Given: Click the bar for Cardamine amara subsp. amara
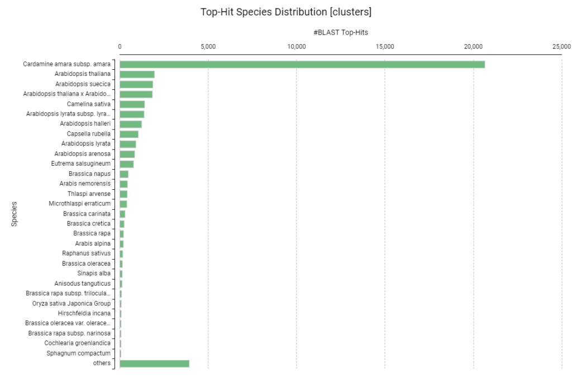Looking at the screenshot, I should [x=302, y=64].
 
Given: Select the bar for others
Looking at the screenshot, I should [x=154, y=363].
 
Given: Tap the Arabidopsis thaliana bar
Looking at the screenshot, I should [x=137, y=74].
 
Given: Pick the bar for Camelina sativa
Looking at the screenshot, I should [x=132, y=104].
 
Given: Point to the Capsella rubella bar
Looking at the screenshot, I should [x=129, y=134].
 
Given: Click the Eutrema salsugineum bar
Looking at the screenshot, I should [x=127, y=164].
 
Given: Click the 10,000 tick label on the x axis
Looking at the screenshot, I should [x=296, y=46].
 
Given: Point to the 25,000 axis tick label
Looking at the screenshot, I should [x=561, y=46].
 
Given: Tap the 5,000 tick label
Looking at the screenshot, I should [x=208, y=46].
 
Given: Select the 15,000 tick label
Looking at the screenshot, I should [x=385, y=46].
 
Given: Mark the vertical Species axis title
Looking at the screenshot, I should [x=15, y=214].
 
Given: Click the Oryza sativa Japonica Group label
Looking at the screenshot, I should [x=71, y=303].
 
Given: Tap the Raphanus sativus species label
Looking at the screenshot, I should [x=86, y=253].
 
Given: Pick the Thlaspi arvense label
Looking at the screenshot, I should [x=89, y=194].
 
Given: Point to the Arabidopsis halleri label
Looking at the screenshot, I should [x=85, y=124].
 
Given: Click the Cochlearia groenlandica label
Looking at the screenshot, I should [x=77, y=343].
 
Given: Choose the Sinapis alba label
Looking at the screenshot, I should [x=94, y=274].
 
